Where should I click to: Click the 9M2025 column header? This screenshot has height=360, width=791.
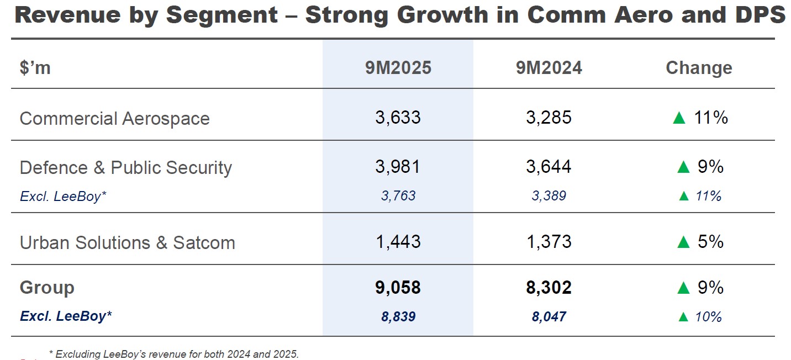[x=398, y=68]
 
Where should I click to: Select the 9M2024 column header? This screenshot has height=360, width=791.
[x=549, y=68]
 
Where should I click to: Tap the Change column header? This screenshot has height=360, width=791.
[x=699, y=68]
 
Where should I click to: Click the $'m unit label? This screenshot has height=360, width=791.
[x=35, y=68]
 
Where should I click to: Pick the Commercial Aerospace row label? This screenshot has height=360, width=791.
[x=114, y=119]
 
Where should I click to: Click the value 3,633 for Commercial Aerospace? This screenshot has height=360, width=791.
[x=398, y=118]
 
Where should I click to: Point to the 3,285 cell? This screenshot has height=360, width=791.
[x=549, y=118]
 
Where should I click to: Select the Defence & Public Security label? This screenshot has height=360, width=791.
[x=125, y=168]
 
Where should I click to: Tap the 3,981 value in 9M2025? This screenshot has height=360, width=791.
[x=398, y=167]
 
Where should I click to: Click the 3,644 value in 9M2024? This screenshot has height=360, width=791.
[x=549, y=167]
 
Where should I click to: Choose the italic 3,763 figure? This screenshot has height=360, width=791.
[x=398, y=196]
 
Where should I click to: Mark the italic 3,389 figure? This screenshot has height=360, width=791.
[x=549, y=196]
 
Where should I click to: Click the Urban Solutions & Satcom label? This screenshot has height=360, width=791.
[x=127, y=243]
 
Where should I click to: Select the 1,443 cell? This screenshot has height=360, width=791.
[x=398, y=242]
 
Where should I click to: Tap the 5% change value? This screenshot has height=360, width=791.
[x=710, y=242]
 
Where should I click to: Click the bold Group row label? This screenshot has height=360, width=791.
[x=47, y=288]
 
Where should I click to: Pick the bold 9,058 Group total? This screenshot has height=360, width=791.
[x=398, y=288]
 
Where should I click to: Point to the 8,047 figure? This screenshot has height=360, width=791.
[x=549, y=317]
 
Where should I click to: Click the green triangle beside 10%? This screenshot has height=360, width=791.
[x=683, y=317]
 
